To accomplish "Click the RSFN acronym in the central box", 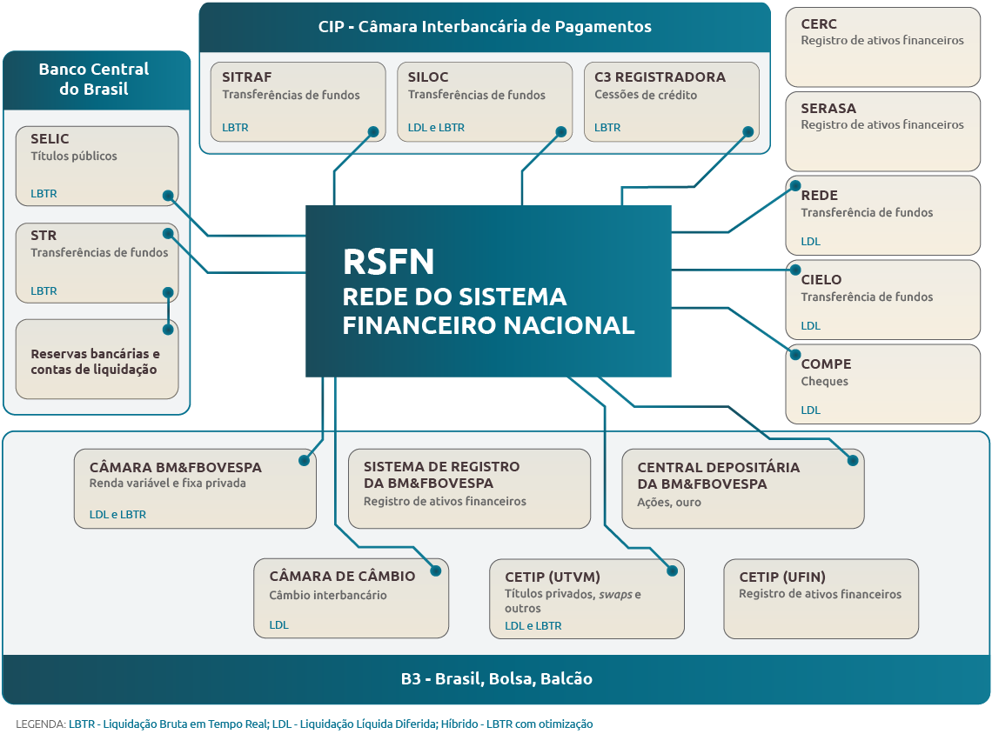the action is coord(388,262).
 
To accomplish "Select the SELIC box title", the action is coord(50,138).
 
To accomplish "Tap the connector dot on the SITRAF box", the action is coord(373,131).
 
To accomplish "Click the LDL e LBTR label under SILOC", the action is coord(436,127).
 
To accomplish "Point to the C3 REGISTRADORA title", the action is coord(660,77).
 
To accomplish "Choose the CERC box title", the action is coord(819,24).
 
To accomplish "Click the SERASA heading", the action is coord(828,108).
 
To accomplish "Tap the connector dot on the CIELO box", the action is coord(795,270).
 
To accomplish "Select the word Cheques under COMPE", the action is coord(824,381).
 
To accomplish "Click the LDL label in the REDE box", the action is coord(810,242).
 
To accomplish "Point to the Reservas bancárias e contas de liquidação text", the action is coord(95,362).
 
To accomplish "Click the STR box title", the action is coord(44,235).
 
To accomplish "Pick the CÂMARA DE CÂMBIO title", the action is coord(342,576).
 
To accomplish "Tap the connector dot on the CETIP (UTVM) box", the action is coord(672,571).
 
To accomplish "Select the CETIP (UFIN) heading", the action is coord(782,577).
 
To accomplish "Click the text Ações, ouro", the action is coord(668,502).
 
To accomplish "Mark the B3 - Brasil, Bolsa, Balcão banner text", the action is coord(497,678).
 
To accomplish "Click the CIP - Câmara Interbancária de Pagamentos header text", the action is coord(485,27).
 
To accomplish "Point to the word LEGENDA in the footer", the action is coord(41,724).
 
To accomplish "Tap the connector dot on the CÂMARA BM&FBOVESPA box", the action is coord(305,460).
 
